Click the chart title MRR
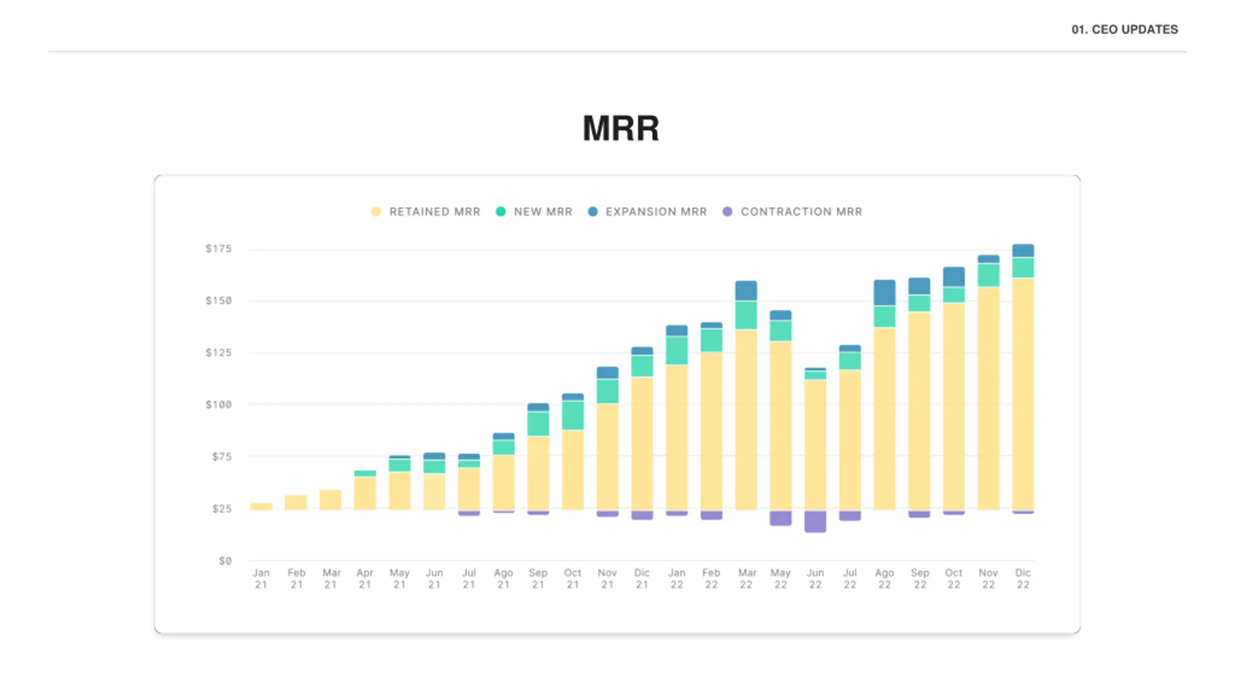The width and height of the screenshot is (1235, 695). pyautogui.click(x=620, y=128)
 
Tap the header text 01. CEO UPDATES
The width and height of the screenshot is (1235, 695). pyautogui.click(x=1125, y=29)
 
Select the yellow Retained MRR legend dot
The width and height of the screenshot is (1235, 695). pyautogui.click(x=376, y=212)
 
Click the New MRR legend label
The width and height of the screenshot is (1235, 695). pyautogui.click(x=543, y=212)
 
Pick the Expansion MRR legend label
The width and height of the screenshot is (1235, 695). pyautogui.click(x=656, y=212)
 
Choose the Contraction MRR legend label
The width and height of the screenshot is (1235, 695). pyautogui.click(x=801, y=212)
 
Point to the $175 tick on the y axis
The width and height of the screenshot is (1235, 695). pyautogui.click(x=219, y=249)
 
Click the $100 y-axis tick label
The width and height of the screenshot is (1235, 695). pyautogui.click(x=219, y=404)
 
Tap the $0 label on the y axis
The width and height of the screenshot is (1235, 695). pyautogui.click(x=225, y=561)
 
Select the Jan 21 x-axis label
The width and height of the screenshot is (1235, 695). pyautogui.click(x=261, y=579)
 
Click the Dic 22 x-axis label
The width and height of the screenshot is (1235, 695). pyautogui.click(x=1023, y=579)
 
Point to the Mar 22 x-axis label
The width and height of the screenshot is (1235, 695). pyautogui.click(x=746, y=579)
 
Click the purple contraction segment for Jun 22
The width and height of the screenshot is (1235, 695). pyautogui.click(x=815, y=522)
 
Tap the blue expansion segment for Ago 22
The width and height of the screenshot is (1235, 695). pyautogui.click(x=884, y=292)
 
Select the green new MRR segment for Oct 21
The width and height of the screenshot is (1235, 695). pyautogui.click(x=573, y=415)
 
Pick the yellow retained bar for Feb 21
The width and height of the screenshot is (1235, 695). pyautogui.click(x=296, y=502)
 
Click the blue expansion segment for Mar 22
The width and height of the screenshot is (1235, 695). pyautogui.click(x=746, y=291)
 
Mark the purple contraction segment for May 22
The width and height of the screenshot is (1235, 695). pyautogui.click(x=781, y=518)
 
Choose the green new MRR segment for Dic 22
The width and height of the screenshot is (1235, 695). pyautogui.click(x=1023, y=267)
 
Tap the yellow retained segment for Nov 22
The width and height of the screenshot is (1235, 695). pyautogui.click(x=988, y=398)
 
